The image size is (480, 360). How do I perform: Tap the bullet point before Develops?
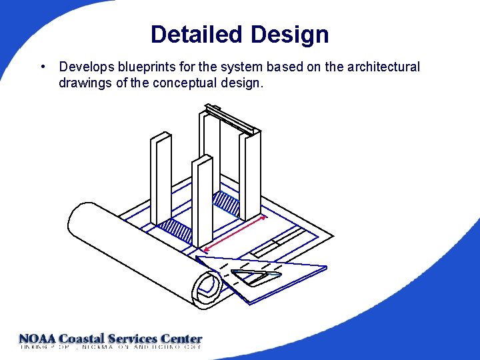coord(43,67)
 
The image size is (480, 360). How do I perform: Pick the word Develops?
coord(85,67)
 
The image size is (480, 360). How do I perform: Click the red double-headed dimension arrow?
coord(235,233)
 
